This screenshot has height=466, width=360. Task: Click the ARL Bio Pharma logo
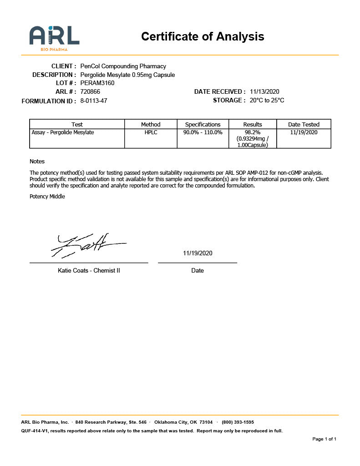[54, 38]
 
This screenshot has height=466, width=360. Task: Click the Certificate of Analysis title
[203, 36]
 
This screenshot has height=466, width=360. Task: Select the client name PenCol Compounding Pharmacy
[123, 66]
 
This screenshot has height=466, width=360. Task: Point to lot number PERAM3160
[97, 83]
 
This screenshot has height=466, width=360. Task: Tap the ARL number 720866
[90, 92]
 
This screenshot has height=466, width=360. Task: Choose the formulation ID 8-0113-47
[94, 101]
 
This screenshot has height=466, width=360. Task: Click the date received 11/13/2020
[264, 92]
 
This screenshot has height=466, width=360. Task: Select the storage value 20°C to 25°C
[267, 101]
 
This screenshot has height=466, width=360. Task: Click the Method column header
[151, 124]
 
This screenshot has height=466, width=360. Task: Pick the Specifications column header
[203, 124]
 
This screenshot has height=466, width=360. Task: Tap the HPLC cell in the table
[151, 132]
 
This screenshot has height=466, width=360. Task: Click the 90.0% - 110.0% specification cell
[203, 132]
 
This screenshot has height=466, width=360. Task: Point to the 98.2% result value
[253, 132]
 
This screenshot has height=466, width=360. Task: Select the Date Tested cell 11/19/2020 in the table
[304, 132]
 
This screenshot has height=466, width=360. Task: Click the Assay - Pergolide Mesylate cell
[63, 132]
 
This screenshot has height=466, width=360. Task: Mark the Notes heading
[37, 162]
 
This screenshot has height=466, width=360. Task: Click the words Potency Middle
[47, 197]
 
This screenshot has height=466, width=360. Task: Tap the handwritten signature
[86, 245]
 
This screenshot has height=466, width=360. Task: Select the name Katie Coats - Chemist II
[89, 270]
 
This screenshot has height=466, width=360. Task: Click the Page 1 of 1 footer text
[324, 439]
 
